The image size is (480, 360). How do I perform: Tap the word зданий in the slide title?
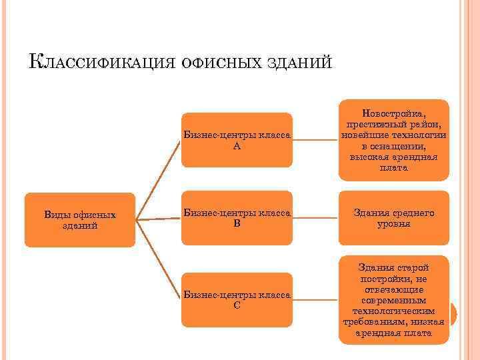299,62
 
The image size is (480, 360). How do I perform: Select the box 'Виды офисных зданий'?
79,220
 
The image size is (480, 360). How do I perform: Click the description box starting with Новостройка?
393,140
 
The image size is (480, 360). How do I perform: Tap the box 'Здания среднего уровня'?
393,218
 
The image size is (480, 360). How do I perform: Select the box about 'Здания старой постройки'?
393,300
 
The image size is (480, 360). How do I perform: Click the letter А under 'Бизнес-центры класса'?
237,146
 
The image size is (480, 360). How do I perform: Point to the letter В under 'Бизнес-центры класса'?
237,225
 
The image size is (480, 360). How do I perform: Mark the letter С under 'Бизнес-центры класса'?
237,306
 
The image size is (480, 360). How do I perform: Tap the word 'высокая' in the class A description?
369,157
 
